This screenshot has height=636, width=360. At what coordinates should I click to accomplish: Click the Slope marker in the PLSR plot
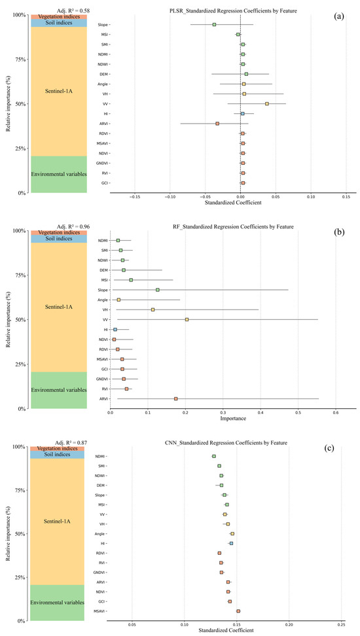coord(214,24)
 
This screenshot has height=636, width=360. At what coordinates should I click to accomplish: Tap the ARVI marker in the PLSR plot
coord(217,123)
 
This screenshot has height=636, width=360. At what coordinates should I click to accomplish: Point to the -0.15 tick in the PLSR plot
coord(135,196)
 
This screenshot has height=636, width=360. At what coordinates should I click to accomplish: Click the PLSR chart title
coord(240,10)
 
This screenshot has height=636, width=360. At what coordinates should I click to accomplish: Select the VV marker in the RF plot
coord(187,319)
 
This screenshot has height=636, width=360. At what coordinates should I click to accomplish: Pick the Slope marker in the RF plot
coord(158,289)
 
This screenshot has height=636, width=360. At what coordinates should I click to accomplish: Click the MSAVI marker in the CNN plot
coord(238,611)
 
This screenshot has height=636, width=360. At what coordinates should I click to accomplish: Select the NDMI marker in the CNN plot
coord(214,456)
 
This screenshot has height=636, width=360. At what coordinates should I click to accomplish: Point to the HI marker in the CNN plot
coord(231,543)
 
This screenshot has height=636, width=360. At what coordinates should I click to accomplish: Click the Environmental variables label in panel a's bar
coord(58,174)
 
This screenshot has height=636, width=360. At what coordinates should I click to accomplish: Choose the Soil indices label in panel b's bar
coord(58,239)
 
